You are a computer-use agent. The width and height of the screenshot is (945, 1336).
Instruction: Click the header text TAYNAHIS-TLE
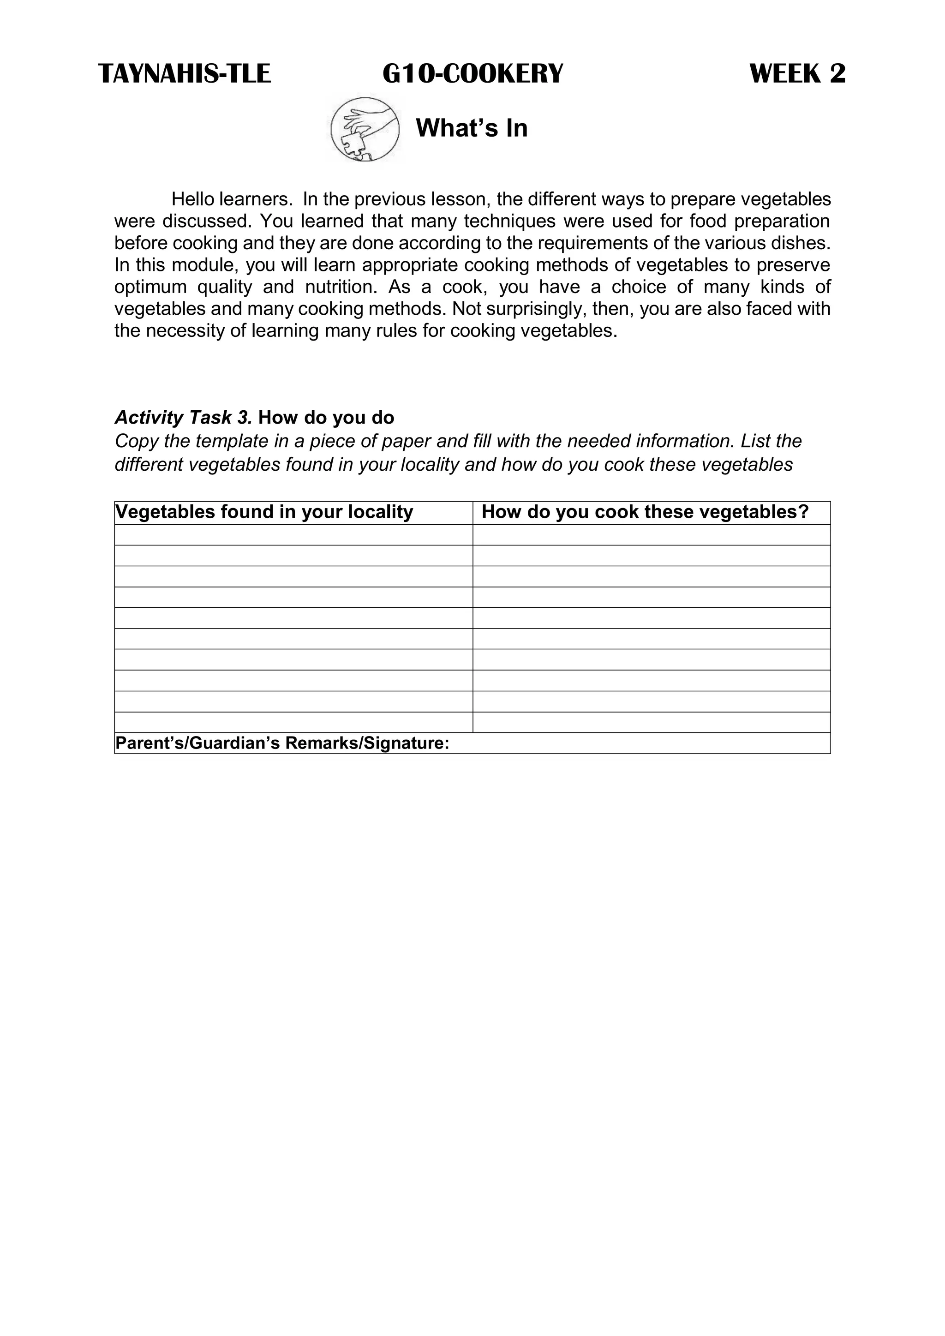185,74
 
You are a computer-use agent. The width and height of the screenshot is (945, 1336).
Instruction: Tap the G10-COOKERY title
472,74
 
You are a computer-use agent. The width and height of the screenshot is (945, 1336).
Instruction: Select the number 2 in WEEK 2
837,74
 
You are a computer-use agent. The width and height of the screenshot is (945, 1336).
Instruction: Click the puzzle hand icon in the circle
365,129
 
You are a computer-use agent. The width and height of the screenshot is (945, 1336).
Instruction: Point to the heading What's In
471,128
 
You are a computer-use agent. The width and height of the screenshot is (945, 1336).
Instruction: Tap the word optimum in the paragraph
150,287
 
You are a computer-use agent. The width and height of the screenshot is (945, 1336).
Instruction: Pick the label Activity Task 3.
183,418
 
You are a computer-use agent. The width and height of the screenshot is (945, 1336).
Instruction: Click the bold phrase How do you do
326,418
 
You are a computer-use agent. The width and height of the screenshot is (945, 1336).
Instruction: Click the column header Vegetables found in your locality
264,512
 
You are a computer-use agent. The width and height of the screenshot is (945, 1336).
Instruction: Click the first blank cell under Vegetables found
293,535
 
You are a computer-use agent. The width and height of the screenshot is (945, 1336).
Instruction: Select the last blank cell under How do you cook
651,722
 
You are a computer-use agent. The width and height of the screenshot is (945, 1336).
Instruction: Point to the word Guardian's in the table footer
236,743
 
